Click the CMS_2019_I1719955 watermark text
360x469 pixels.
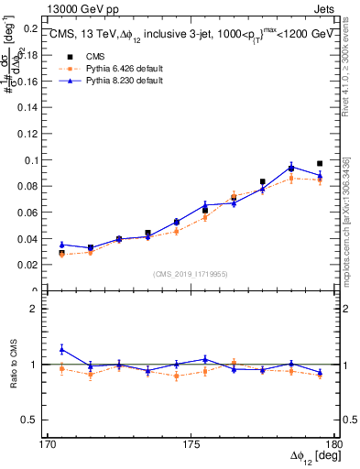pyautogui.click(x=191, y=273)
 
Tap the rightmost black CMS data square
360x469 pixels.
pyautogui.click(x=320, y=164)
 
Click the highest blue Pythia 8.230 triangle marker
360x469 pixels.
pyautogui.click(x=291, y=168)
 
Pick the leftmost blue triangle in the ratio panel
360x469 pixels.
pyautogui.click(x=61, y=349)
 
